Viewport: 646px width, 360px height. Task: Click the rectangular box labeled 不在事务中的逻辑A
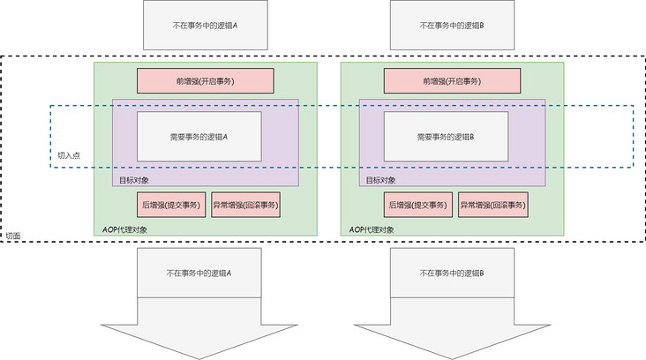(x=205, y=25)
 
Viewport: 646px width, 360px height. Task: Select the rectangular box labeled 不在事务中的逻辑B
(x=452, y=25)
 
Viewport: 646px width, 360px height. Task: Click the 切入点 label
(x=68, y=154)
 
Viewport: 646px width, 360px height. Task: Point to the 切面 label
(x=13, y=236)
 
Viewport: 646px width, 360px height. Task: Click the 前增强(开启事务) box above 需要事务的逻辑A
(x=205, y=81)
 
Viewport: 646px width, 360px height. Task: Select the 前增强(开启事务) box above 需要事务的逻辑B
(x=452, y=81)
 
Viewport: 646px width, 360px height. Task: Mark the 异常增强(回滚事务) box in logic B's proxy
(x=493, y=206)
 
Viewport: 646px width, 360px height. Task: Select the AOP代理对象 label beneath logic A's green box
(x=124, y=229)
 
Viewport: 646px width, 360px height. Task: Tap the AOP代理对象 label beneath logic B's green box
(x=372, y=229)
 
